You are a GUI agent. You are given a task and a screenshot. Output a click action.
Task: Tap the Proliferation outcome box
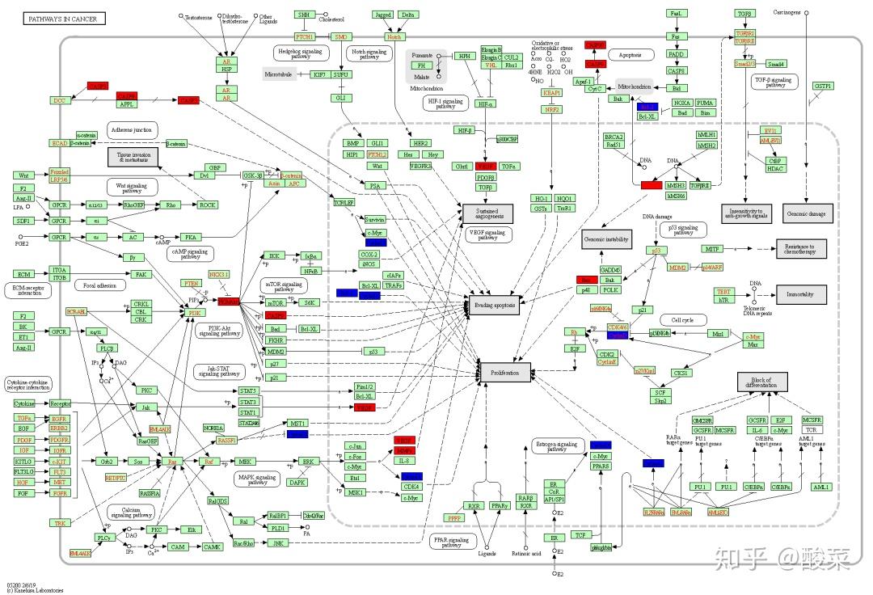505,372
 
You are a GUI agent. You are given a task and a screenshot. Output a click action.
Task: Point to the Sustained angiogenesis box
487,213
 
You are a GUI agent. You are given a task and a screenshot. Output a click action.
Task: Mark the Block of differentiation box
761,382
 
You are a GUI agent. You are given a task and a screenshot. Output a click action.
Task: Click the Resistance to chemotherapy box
801,249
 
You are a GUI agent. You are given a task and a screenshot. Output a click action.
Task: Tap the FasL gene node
677,14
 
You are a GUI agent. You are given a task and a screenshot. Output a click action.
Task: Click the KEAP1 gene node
552,93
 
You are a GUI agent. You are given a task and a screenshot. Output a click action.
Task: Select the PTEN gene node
191,284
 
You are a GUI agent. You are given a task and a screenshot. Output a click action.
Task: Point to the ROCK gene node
207,205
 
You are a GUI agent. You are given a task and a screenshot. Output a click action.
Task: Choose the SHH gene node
304,15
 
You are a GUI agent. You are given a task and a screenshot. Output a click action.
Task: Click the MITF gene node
712,249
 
